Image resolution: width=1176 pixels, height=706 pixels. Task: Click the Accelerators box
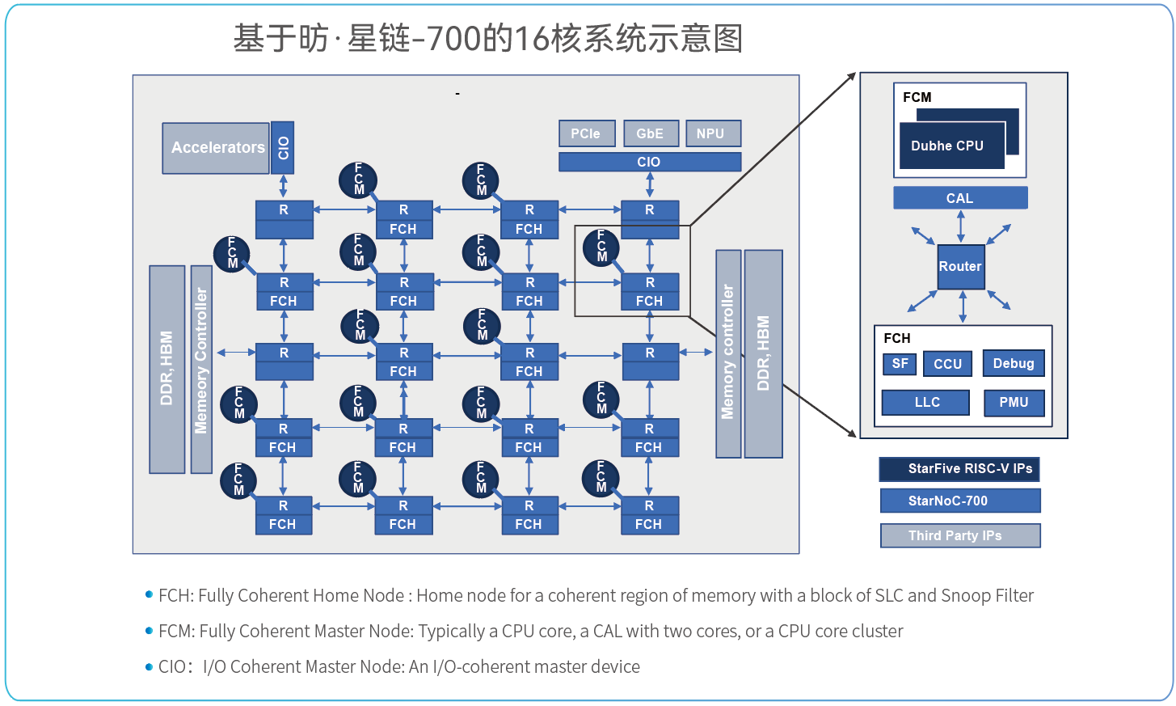click(216, 148)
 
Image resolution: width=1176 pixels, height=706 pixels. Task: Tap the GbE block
click(651, 133)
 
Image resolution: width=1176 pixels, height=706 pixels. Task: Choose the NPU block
click(712, 133)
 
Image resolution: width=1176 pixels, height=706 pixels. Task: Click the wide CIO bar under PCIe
click(650, 162)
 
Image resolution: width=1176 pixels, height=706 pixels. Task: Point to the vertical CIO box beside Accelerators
click(282, 147)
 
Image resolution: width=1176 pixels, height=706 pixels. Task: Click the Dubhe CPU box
click(952, 146)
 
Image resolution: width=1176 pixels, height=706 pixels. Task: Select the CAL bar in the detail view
click(960, 198)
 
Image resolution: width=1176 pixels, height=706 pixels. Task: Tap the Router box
click(960, 267)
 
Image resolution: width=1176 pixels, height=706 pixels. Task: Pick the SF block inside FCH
click(900, 364)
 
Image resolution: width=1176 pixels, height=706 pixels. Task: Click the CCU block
click(947, 364)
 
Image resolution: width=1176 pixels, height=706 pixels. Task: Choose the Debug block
click(1014, 364)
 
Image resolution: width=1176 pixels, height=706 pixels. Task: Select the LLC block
click(926, 403)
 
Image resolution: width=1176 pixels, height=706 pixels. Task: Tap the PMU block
click(1014, 403)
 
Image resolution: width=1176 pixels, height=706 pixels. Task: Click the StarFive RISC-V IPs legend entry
click(959, 469)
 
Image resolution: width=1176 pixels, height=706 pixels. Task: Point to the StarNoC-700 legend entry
click(959, 501)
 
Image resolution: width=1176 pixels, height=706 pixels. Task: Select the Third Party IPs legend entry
click(959, 535)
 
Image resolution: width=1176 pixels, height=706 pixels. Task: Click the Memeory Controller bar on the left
click(201, 369)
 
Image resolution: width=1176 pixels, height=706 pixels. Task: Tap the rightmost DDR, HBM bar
click(763, 353)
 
